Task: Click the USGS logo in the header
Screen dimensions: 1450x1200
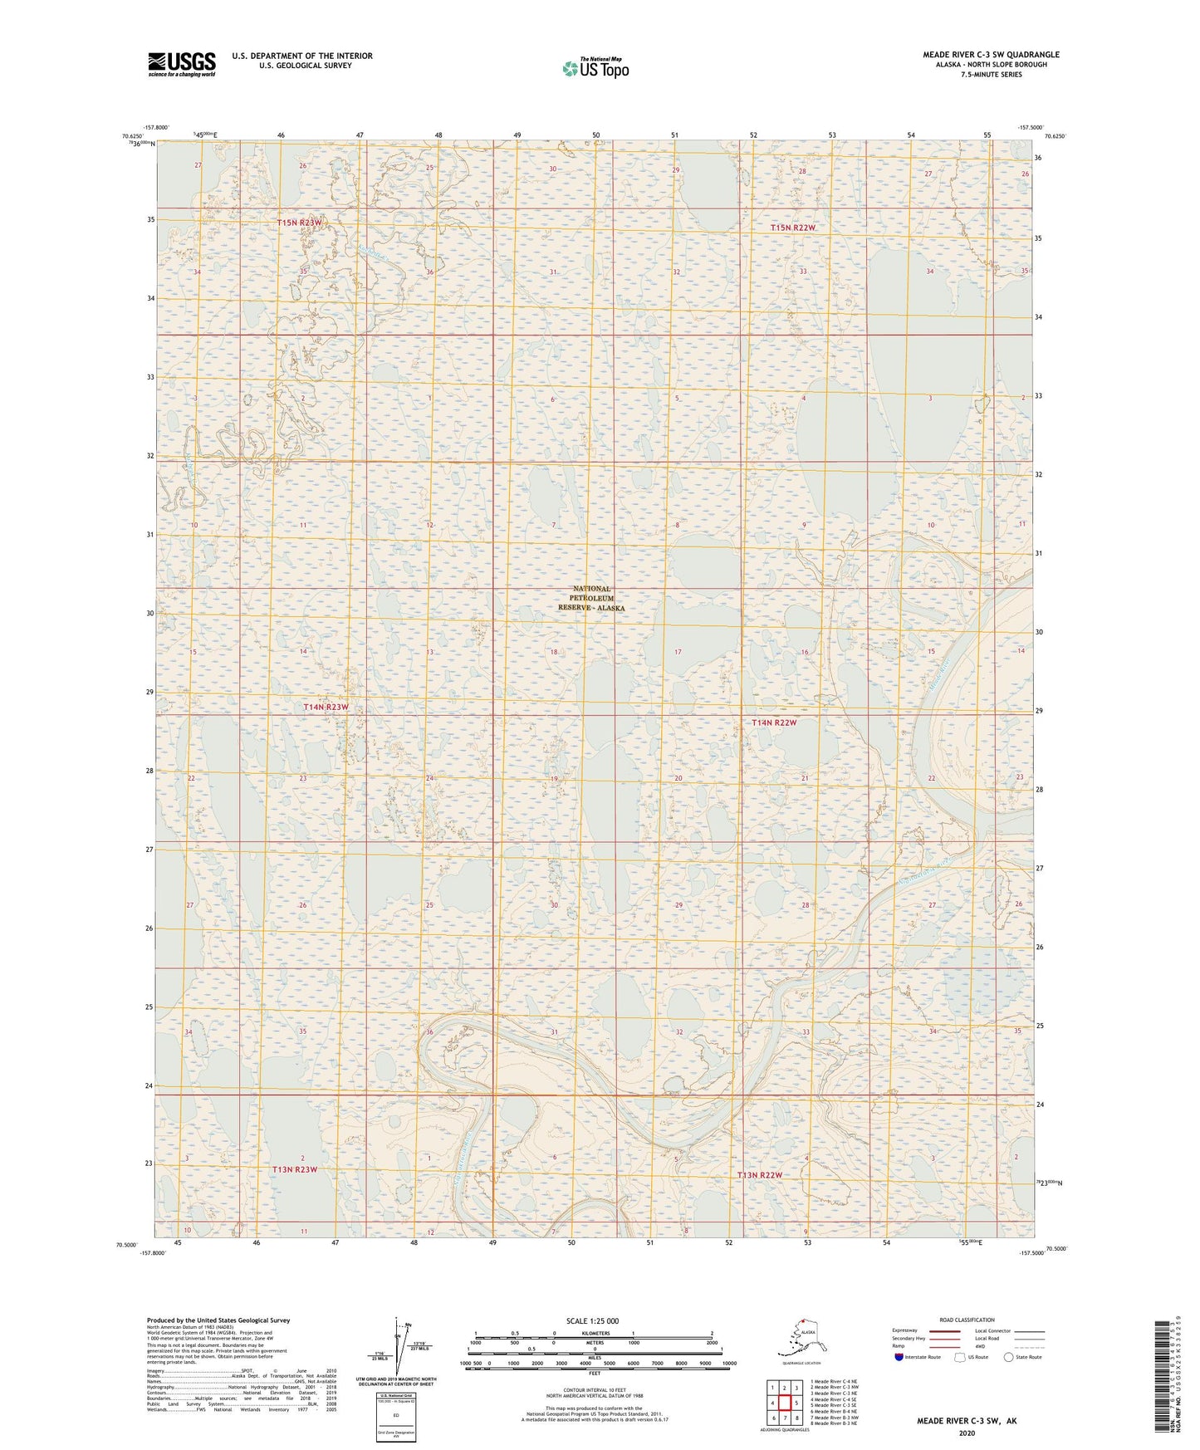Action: (181, 63)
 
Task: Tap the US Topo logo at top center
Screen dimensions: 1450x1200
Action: (595, 68)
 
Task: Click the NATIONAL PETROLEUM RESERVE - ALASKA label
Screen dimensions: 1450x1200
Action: (591, 598)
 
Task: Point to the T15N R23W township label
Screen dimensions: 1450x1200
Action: (299, 223)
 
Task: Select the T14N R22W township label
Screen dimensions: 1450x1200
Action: (774, 723)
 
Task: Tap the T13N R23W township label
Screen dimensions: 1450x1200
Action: (295, 1169)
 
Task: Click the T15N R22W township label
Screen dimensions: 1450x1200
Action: (792, 228)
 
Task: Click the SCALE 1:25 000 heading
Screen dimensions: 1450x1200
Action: (592, 1321)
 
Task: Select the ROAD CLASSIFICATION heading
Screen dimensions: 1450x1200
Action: (967, 1320)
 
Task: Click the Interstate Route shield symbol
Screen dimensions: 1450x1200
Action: (899, 1357)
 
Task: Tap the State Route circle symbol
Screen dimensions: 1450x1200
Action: (1009, 1357)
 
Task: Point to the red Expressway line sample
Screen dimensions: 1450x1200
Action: (944, 1330)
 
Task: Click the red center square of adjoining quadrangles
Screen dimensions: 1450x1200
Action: (784, 1403)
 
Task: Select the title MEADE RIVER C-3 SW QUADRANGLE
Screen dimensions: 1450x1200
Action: (991, 55)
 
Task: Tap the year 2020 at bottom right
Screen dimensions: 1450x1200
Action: (966, 1433)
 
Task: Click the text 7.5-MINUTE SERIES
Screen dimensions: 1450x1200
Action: (991, 75)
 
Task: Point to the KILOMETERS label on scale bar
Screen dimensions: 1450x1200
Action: (593, 1334)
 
